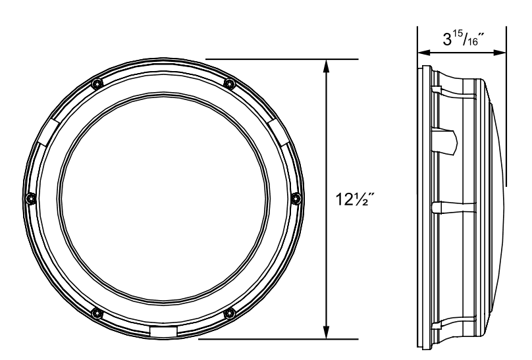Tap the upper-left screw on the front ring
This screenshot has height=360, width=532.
click(97, 84)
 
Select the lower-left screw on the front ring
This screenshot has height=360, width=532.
click(97, 312)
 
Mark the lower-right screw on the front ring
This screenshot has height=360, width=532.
click(229, 312)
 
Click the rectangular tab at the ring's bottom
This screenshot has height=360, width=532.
click(163, 331)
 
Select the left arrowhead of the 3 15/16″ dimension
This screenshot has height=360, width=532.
click(423, 51)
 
